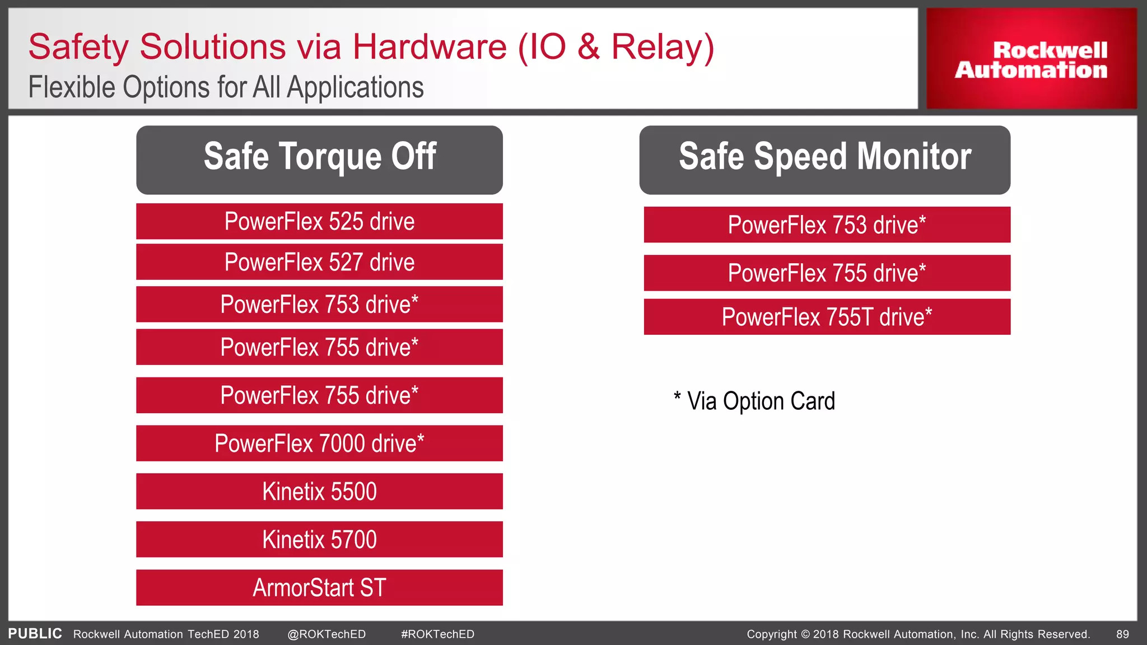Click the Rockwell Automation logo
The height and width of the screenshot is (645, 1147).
click(1031, 59)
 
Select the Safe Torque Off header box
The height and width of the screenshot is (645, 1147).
click(319, 159)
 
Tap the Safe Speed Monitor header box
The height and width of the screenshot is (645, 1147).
click(824, 159)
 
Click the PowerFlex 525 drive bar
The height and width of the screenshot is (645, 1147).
click(319, 222)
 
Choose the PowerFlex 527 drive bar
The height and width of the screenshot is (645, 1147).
click(319, 262)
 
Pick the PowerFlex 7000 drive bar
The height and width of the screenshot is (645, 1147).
click(319, 443)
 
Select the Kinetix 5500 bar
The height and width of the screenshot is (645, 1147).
click(319, 492)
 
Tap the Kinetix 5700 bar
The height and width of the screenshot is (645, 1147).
click(319, 540)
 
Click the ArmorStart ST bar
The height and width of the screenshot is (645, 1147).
click(319, 588)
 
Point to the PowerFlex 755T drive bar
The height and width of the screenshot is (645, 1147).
click(827, 317)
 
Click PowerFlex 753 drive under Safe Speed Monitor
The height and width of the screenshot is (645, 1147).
click(827, 225)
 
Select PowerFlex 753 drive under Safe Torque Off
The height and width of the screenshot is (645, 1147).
click(319, 305)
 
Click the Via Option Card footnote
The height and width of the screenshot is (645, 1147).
click(755, 401)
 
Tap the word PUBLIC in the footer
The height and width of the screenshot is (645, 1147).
click(35, 634)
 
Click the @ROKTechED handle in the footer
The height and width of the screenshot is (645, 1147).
click(327, 634)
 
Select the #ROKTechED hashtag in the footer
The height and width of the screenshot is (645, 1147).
click(437, 634)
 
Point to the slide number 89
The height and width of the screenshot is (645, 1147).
click(1122, 634)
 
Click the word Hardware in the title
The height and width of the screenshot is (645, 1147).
click(429, 47)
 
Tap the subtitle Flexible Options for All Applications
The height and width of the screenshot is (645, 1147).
click(226, 88)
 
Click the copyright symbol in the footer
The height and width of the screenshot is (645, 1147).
click(805, 634)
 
